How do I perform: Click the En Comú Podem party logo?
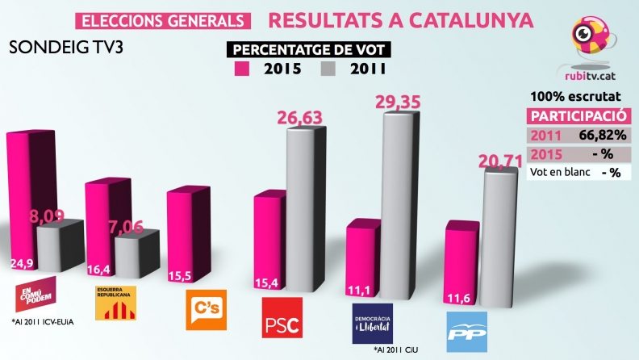[x=35, y=295]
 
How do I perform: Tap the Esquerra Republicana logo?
[x=115, y=301]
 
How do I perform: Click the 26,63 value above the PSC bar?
[x=300, y=118]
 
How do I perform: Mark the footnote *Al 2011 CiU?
[x=397, y=351]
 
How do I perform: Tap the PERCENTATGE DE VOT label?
[x=307, y=49]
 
